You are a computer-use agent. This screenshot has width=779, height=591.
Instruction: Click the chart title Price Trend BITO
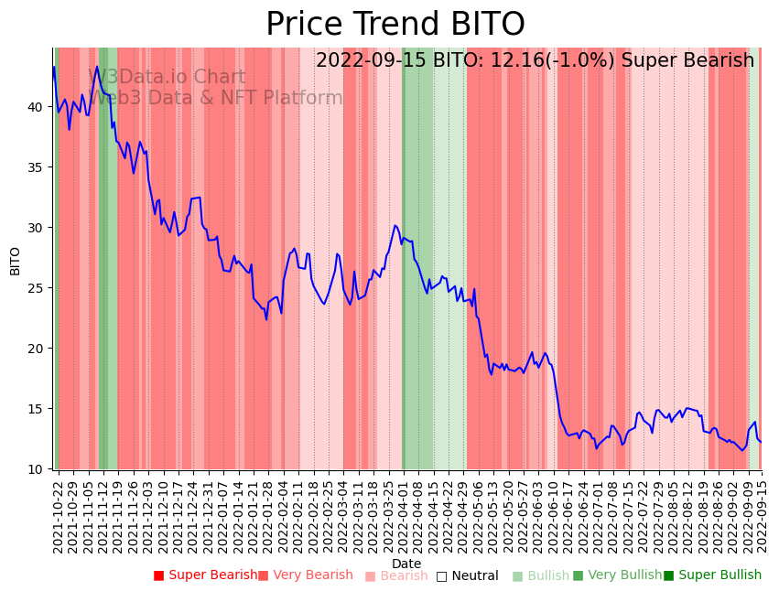click(x=395, y=25)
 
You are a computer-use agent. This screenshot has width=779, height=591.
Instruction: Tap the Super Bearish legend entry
click(x=205, y=575)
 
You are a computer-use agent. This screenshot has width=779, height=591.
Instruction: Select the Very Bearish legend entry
click(x=305, y=575)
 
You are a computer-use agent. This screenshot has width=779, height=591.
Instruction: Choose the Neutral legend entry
click(x=467, y=576)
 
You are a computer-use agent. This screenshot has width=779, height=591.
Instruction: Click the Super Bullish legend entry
click(x=712, y=575)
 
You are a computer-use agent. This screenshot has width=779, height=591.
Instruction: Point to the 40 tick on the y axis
click(x=36, y=107)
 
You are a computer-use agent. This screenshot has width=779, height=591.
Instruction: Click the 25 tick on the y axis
click(x=36, y=288)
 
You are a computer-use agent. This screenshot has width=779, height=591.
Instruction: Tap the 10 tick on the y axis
click(x=36, y=469)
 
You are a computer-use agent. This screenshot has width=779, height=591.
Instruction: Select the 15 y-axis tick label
click(x=36, y=409)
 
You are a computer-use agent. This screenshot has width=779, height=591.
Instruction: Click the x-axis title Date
click(x=406, y=564)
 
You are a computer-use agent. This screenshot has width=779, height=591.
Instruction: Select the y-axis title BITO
click(x=16, y=261)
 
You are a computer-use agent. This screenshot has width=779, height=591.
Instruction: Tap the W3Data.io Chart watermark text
click(x=167, y=78)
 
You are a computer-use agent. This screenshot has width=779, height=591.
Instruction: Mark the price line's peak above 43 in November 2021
click(x=97, y=66)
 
